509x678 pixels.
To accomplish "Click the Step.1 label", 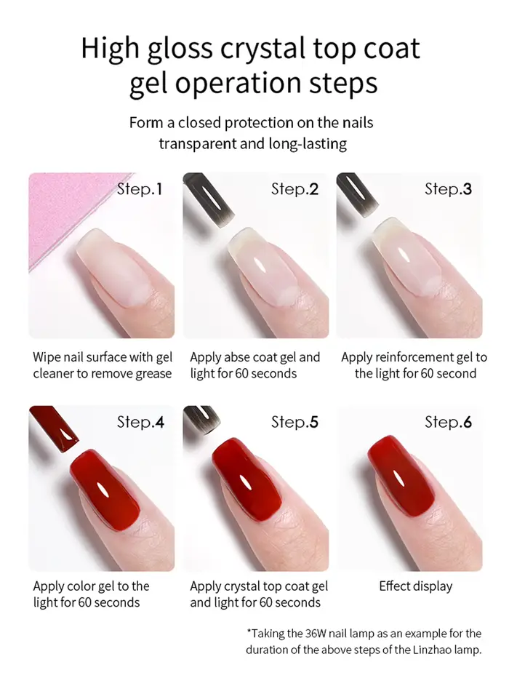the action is click(140, 189).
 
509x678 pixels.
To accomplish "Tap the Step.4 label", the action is click(140, 422).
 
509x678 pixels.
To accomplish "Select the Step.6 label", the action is click(448, 422).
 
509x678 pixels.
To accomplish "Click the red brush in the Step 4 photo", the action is click(54, 428).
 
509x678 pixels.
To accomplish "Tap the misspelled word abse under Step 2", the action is click(234, 357).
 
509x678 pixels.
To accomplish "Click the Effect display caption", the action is click(416, 586).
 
